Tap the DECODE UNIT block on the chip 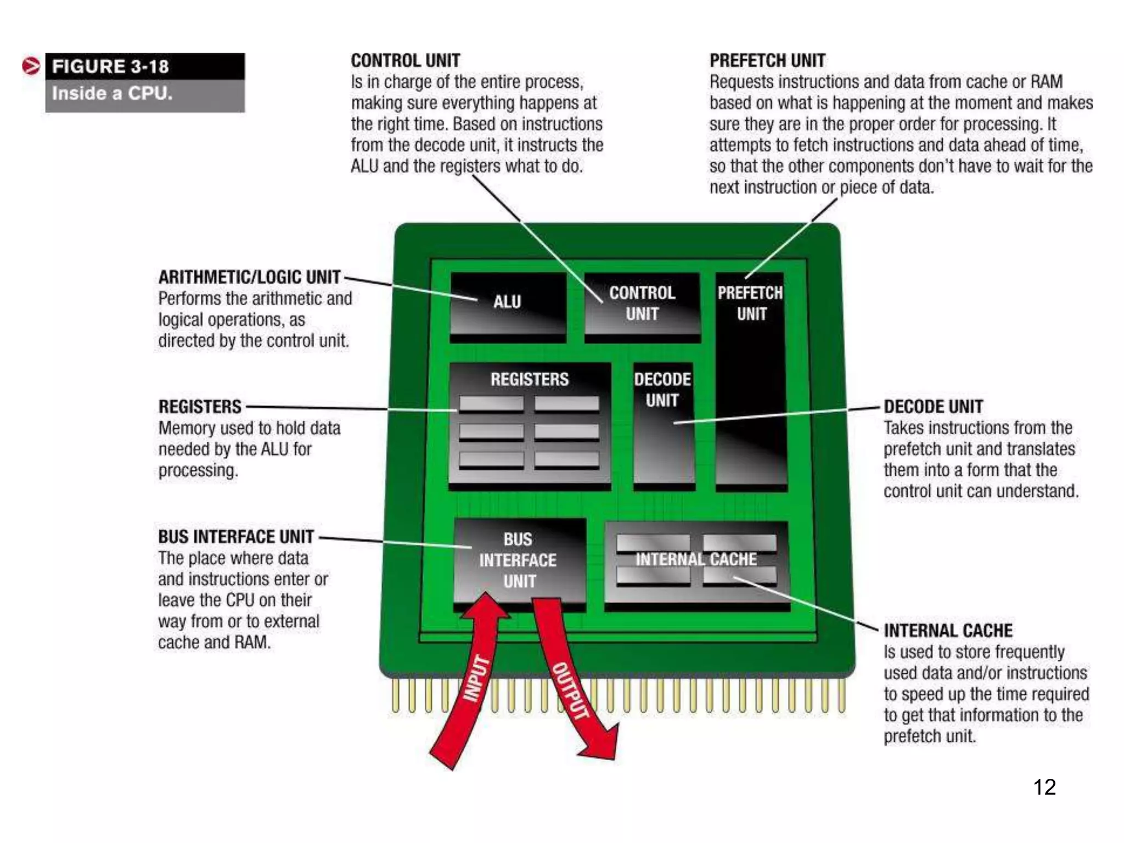[663, 423]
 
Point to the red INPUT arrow [472, 681]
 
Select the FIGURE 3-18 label [110, 66]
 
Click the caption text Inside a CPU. [113, 93]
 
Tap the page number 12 [1044, 787]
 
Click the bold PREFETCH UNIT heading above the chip [767, 60]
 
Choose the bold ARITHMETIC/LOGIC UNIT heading [250, 277]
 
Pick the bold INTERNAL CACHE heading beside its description [948, 631]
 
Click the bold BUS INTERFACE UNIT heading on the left [236, 537]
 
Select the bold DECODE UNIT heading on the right [933, 407]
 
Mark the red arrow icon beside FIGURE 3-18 [31, 66]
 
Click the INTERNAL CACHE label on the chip [696, 560]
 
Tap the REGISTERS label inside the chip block [530, 379]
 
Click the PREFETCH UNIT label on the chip [751, 304]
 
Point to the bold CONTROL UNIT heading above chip [406, 60]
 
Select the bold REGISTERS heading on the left [200, 407]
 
